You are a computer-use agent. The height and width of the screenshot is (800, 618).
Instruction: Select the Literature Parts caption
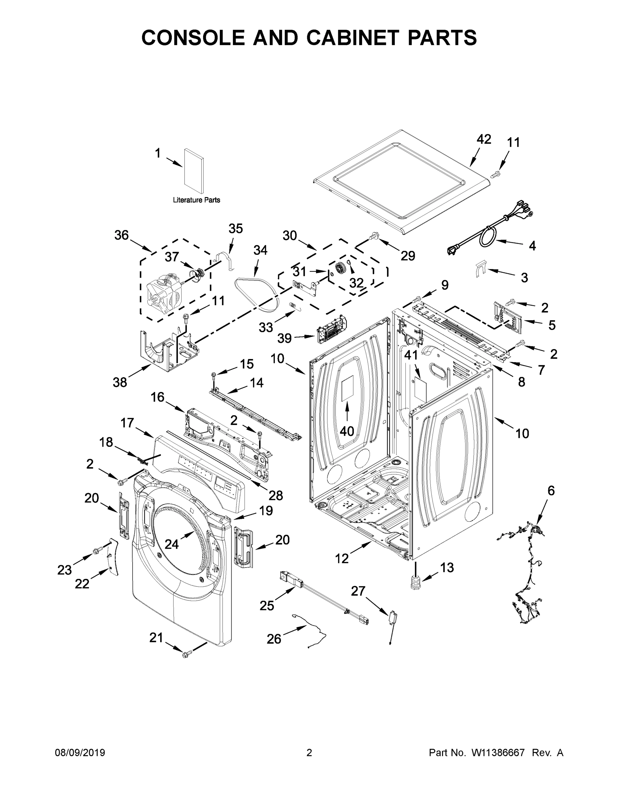(196, 200)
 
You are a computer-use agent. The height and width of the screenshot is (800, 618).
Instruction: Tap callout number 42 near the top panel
(484, 140)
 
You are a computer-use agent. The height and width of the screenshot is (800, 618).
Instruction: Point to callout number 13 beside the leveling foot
(447, 567)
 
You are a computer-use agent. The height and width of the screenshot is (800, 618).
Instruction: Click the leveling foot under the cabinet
(415, 583)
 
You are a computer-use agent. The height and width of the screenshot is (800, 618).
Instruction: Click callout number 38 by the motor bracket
(120, 382)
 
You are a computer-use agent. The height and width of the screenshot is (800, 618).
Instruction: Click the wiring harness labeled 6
(527, 571)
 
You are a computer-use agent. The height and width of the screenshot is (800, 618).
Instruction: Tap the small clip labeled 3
(480, 270)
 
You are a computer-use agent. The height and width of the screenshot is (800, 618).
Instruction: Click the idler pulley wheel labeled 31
(340, 268)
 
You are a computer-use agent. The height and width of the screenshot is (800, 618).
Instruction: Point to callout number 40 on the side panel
(347, 431)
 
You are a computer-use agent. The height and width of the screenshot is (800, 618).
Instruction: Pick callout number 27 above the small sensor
(358, 591)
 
